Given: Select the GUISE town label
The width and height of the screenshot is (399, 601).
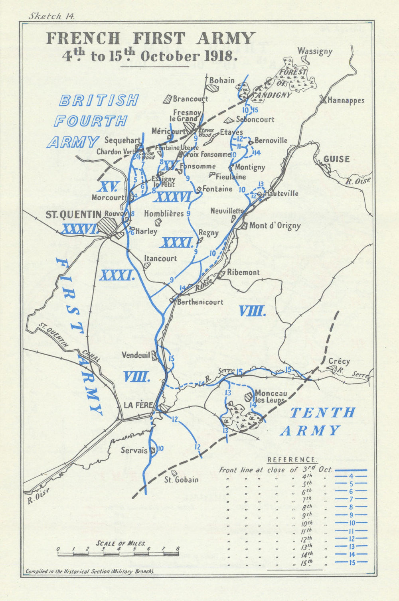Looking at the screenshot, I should (336, 159).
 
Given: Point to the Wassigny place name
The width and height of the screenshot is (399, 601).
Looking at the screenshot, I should (315, 51).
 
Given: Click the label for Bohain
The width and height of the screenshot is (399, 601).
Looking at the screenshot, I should (222, 80).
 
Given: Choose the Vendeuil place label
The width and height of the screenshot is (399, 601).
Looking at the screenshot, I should (136, 355).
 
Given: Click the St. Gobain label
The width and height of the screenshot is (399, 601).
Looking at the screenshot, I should (181, 479).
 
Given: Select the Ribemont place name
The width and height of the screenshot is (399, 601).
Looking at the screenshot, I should (243, 272).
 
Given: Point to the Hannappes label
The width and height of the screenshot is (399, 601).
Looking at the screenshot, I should (346, 100).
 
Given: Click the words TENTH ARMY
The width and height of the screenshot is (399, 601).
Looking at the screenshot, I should (318, 421).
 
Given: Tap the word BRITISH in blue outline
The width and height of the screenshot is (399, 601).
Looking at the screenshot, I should (99, 100).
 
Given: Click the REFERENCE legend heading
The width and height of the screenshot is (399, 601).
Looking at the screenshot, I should (292, 460).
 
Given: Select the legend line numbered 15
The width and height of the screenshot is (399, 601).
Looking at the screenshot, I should (350, 562).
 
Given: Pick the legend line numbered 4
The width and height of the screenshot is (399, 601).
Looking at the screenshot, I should (350, 476).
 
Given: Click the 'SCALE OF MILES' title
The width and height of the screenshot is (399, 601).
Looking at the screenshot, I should (120, 543).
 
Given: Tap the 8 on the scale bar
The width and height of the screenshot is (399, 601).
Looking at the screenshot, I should (178, 549).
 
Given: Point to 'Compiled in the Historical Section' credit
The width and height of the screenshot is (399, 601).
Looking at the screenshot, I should (90, 571).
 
